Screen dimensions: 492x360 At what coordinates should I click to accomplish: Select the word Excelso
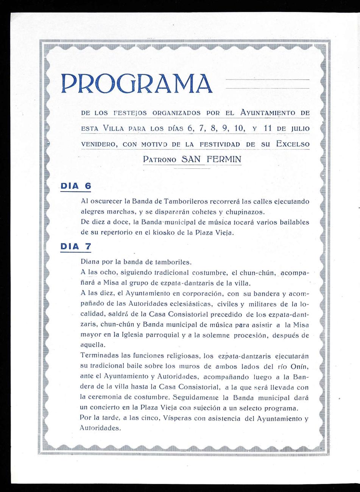(x=293, y=144)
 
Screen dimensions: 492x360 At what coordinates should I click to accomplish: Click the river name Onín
(x=299, y=366)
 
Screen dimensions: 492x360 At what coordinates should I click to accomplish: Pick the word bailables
(x=290, y=222)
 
